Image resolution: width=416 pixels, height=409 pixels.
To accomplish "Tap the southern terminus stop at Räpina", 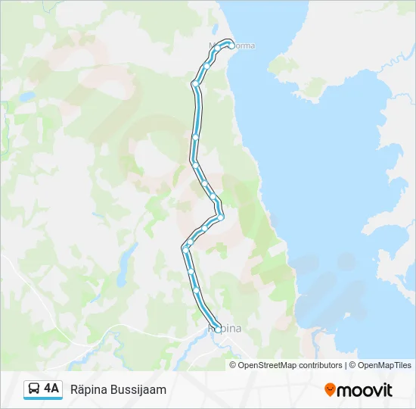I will [218, 327].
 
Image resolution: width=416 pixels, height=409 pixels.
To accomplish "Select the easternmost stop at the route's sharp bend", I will [221, 217].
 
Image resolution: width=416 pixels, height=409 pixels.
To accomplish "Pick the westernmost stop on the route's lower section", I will [185, 248].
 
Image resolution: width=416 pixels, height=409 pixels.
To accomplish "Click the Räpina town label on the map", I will [225, 329].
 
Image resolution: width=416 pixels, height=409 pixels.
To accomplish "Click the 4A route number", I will [51, 389].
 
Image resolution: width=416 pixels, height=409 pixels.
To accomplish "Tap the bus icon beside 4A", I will [34, 389].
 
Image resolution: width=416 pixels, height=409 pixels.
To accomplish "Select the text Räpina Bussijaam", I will [118, 389].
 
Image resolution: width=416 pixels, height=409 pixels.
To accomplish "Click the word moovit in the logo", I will [365, 390].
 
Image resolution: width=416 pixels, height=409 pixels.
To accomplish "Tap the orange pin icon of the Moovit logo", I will [330, 390].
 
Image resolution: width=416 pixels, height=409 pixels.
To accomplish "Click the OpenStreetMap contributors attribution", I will [290, 365].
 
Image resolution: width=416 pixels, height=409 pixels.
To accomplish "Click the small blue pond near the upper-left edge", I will [28, 97].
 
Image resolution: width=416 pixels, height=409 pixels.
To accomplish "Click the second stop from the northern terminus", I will [218, 48].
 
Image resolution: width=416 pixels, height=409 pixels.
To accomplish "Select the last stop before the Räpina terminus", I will [197, 290].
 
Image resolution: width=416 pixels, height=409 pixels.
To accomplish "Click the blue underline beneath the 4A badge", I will [42, 399].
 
